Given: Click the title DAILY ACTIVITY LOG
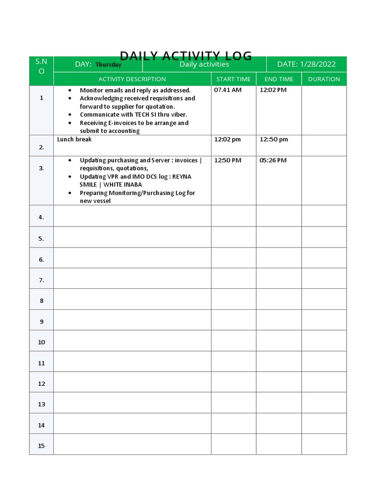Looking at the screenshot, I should pyautogui.click(x=186, y=56).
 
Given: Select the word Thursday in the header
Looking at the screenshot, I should pyautogui.click(x=108, y=65).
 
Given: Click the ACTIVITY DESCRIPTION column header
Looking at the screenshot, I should pyautogui.click(x=132, y=79).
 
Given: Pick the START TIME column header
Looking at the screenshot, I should pyautogui.click(x=234, y=79).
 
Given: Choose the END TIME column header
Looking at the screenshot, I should pyautogui.click(x=279, y=79).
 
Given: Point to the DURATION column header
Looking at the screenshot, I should pyautogui.click(x=324, y=79).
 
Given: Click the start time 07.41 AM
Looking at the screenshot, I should pyautogui.click(x=228, y=90).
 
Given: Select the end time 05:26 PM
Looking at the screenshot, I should pyautogui.click(x=273, y=160).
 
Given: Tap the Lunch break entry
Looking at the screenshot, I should pyautogui.click(x=74, y=139).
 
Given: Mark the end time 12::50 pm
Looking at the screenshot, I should pyautogui.click(x=274, y=139).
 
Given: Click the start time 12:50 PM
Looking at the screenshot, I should pyautogui.click(x=228, y=160).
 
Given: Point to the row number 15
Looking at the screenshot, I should pyautogui.click(x=41, y=446).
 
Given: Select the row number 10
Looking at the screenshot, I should pyautogui.click(x=41, y=342).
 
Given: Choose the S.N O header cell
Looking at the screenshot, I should pyautogui.click(x=41, y=66).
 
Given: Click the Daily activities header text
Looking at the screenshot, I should pyautogui.click(x=204, y=64).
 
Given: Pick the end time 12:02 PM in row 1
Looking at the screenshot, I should pyautogui.click(x=273, y=90).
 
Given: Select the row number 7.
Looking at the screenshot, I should pyautogui.click(x=41, y=280).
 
